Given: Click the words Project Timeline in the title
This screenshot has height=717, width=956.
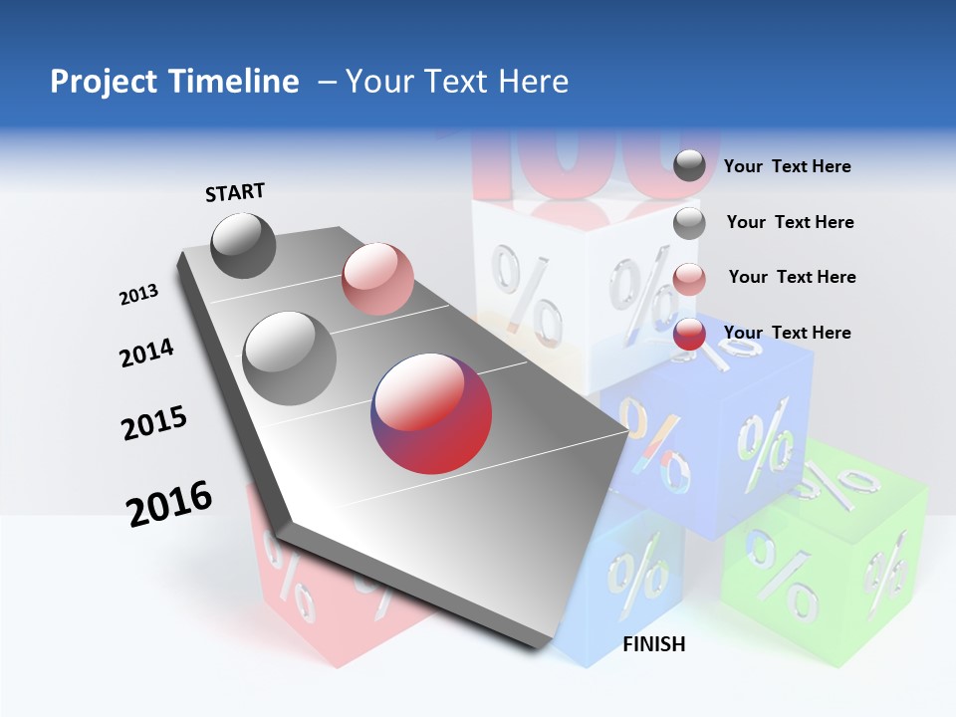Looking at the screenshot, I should click(174, 82).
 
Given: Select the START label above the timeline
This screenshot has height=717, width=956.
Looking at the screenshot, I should click(235, 192).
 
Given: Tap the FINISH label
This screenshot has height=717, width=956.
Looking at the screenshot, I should click(654, 644).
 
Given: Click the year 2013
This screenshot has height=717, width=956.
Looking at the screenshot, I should click(139, 295).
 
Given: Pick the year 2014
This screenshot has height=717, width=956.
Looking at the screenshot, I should click(147, 354).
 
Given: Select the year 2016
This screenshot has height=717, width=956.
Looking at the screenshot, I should click(169, 504).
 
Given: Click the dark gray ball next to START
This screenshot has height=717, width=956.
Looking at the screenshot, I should click(243, 245).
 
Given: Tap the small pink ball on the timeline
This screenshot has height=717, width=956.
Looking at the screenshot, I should click(377, 278).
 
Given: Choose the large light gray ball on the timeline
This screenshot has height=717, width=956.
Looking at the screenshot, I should click(290, 358).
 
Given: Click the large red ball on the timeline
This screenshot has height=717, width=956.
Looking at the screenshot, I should click(431, 412).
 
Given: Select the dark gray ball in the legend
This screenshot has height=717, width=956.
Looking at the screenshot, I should click(689, 165).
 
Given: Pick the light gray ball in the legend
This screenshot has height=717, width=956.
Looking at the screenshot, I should click(689, 223).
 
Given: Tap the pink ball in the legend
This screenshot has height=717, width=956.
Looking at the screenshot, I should click(689, 279).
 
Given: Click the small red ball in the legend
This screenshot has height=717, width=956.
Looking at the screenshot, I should click(689, 335).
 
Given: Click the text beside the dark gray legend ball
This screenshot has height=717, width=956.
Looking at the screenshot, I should click(787, 167).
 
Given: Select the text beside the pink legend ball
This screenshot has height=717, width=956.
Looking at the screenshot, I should click(792, 277).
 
